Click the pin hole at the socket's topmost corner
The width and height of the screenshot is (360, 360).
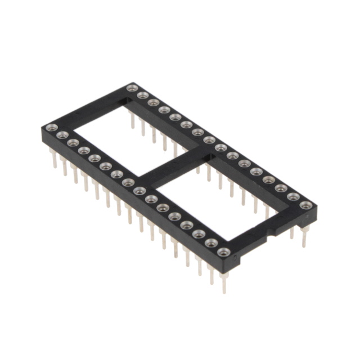[x=132, y=88]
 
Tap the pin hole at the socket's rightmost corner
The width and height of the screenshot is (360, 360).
[x=305, y=205]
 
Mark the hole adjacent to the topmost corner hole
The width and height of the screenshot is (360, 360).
[x=142, y=96]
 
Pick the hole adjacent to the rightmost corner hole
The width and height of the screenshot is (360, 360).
[x=294, y=197]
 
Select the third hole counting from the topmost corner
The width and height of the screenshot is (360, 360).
[x=153, y=102]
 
